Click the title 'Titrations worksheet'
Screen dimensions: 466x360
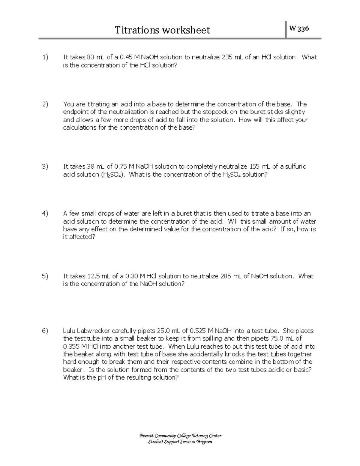click(x=163, y=30)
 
